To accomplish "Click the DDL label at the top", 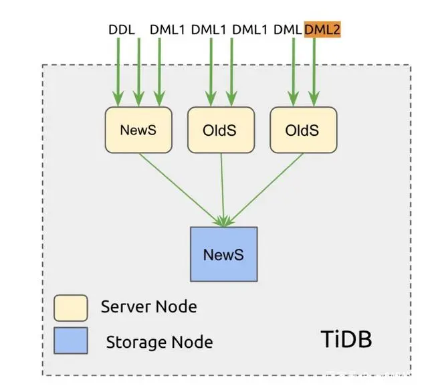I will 121,29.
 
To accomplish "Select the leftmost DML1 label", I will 168,29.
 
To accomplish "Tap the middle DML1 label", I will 209,29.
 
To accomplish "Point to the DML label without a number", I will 288,29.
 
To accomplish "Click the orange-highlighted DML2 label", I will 322,29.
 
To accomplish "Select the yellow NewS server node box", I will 138,130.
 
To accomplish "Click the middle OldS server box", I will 221,130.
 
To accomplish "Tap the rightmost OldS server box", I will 303,130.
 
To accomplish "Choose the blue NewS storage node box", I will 223,255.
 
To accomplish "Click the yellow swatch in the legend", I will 70,308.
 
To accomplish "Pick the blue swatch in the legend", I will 70,341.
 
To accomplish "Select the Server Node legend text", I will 148,307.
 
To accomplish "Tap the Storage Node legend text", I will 159,343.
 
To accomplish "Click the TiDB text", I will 345,339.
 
